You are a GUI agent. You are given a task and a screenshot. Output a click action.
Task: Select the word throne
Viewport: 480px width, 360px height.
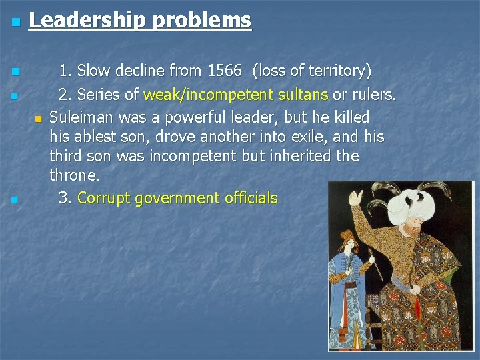tap(74, 175)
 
